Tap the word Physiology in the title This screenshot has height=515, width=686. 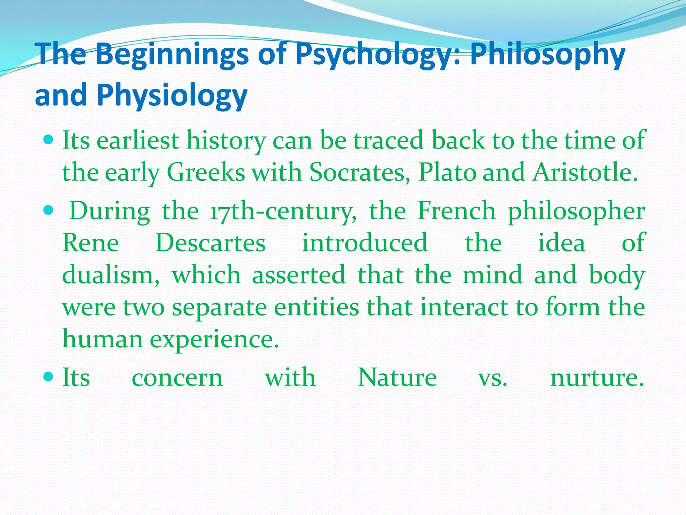point(172,96)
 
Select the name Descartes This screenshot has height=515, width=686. point(211,243)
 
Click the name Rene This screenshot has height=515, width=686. point(91,243)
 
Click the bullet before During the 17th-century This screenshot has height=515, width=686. point(49,211)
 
